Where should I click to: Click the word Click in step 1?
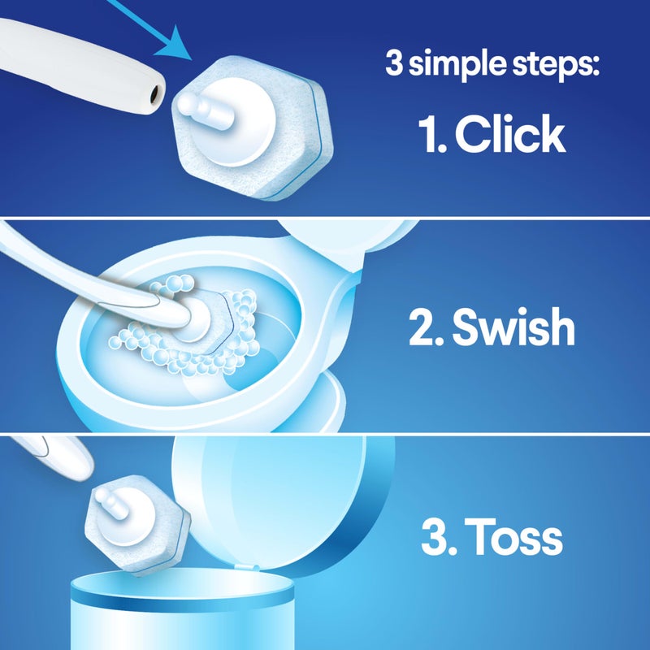click(509, 135)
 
